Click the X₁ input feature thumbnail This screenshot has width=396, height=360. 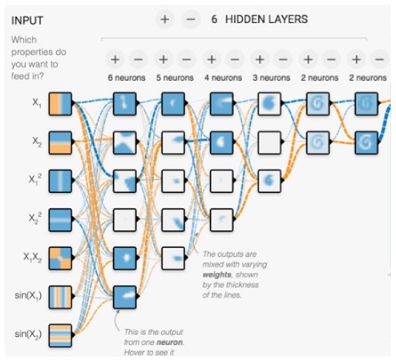click(61, 104)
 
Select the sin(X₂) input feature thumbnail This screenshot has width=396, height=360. click(61, 335)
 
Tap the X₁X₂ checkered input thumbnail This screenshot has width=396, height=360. click(61, 258)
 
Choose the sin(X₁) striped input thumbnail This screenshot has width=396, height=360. click(61, 297)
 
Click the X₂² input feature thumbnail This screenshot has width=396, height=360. click(61, 220)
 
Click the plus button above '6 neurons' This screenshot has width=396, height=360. click(115, 60)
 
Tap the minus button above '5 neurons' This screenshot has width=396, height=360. click(187, 60)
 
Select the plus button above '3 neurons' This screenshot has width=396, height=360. click(260, 60)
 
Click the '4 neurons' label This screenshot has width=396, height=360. click(223, 78)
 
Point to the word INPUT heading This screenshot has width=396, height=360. click(28, 20)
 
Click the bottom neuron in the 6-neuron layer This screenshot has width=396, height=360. click(125, 297)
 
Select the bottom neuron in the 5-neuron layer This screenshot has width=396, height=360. click(174, 258)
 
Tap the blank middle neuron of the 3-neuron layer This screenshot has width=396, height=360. click(270, 142)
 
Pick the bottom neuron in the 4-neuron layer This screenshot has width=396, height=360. click(222, 220)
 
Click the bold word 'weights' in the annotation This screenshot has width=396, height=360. click(217, 275)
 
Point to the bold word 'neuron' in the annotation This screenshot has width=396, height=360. click(169, 342)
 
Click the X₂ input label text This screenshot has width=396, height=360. click(36, 141)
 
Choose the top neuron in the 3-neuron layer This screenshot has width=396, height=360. click(270, 104)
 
